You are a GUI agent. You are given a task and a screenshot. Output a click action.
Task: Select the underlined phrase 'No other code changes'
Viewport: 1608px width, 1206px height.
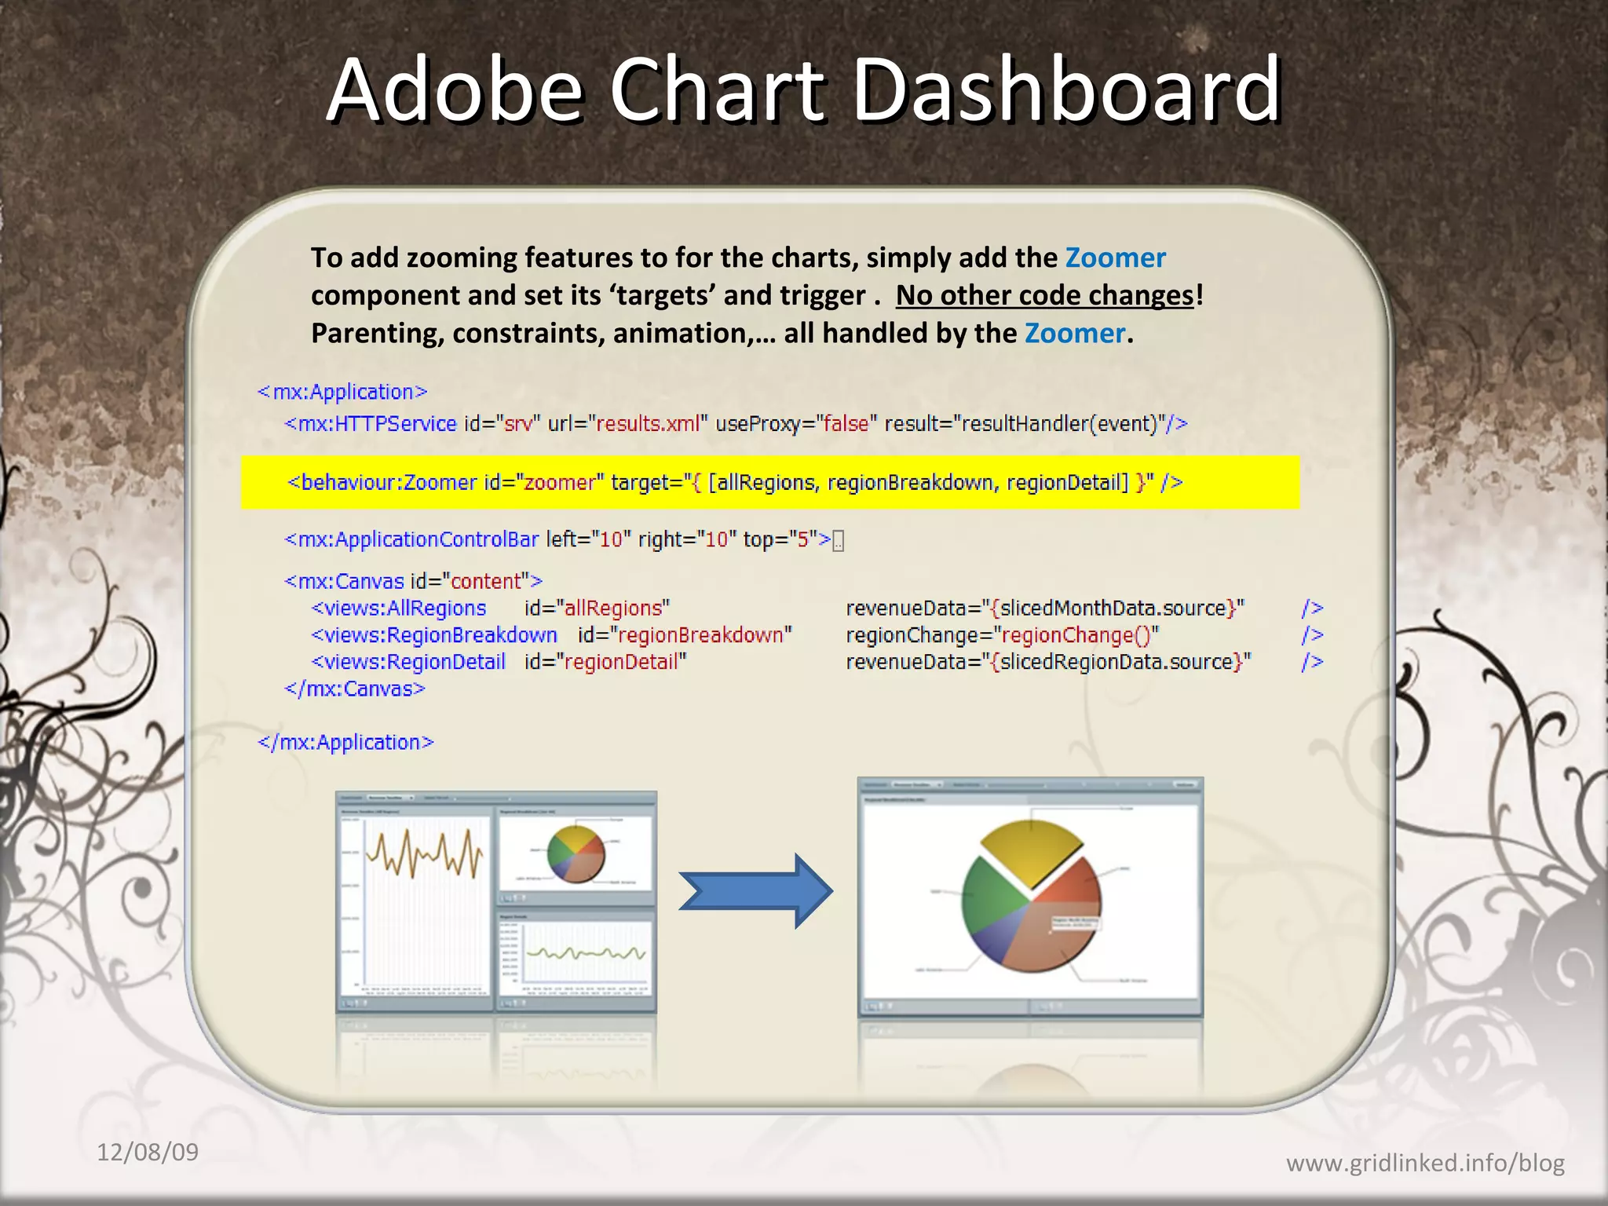point(1044,295)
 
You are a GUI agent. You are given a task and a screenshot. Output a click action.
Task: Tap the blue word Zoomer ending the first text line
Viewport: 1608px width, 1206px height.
point(1115,258)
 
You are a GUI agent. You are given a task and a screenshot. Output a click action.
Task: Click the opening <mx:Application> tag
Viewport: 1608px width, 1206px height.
point(342,392)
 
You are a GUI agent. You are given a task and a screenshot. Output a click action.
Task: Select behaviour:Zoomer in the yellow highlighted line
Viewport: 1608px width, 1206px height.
point(389,482)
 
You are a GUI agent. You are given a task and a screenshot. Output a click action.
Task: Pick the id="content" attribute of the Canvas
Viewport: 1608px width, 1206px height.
point(476,581)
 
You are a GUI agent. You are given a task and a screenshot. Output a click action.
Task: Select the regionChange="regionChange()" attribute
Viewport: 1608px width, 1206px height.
point(1002,634)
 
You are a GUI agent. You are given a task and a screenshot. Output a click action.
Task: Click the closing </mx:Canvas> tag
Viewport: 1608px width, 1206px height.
point(354,689)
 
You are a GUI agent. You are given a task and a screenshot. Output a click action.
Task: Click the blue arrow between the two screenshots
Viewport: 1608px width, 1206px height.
point(754,891)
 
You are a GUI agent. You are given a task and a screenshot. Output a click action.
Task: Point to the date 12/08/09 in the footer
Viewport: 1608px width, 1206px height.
point(148,1152)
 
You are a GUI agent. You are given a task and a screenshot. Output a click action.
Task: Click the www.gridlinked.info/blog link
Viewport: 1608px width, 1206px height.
point(1424,1162)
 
